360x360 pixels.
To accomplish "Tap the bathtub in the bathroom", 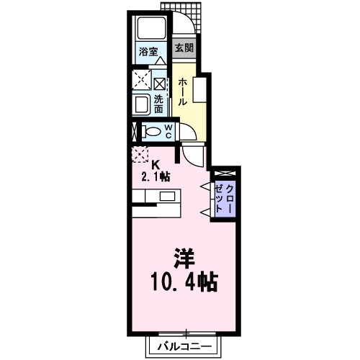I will coord(150,30).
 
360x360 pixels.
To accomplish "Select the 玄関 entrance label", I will coord(184,49).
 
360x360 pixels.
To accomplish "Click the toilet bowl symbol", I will coord(150,132).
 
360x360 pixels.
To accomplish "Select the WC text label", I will coord(168,132).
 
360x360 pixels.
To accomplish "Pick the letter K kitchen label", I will coord(153,163).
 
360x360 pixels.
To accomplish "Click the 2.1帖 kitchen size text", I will coord(154,175).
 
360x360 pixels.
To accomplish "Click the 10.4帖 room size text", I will coord(184,280).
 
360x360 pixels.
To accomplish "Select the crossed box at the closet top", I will coord(224,174).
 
